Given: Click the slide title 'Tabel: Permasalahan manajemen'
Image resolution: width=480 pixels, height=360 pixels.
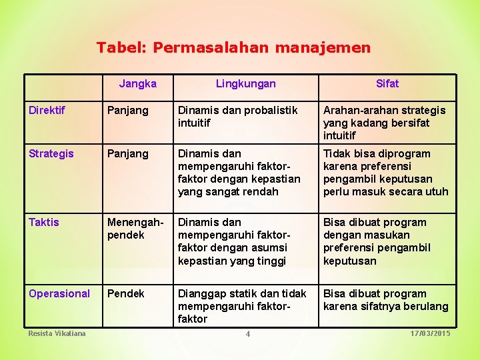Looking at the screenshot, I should coord(233,47).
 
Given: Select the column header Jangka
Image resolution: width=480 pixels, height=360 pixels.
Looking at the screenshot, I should coord(137,83).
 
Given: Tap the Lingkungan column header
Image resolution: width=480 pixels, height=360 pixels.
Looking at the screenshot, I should coord(245,83).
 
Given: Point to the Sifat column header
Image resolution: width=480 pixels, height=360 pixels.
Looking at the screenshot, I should coord(387,83).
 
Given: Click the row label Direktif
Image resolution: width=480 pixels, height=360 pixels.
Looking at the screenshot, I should coord(47,110).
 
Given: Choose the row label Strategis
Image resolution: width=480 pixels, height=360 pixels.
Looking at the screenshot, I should coord(51,153).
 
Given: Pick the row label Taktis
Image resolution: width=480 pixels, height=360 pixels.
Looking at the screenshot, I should coord(44,222).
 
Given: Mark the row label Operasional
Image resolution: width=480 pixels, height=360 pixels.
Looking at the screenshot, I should coord(59,293).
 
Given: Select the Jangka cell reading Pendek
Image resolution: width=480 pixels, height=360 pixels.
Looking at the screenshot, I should coord(125,293).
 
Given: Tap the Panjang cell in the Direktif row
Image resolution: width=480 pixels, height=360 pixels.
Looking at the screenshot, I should coord(128,110).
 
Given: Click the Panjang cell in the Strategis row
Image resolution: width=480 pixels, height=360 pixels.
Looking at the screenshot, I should coord(128,153).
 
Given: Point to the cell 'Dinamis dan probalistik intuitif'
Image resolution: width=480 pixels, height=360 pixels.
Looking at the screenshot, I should coord(237,117).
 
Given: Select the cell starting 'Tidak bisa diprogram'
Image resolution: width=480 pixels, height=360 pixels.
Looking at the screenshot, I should coord(385,173).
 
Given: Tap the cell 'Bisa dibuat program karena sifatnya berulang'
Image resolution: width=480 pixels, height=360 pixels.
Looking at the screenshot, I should coord(385,300).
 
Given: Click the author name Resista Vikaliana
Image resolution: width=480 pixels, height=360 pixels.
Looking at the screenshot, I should coord(57,333).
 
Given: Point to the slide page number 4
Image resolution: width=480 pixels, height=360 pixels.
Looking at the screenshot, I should coord(247,334).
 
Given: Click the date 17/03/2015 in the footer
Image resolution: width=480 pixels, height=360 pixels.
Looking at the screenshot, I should coord(431,333).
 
